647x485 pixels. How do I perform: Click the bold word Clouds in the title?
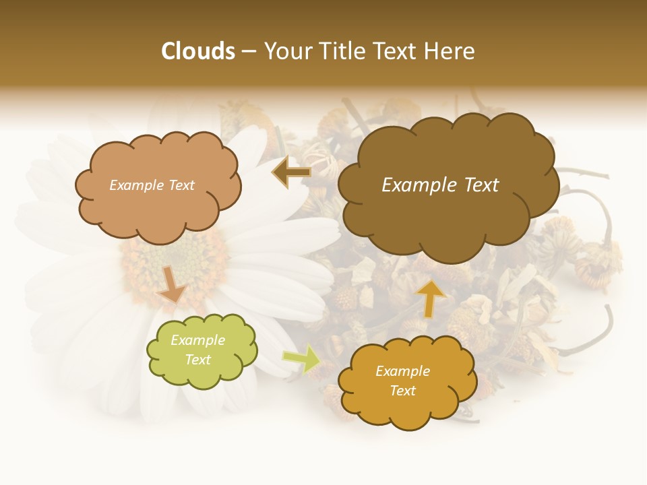198,51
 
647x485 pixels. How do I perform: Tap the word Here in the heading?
450,51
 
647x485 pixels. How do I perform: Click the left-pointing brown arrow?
292,172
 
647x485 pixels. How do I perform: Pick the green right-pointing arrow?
301,358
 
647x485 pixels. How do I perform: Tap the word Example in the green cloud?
198,340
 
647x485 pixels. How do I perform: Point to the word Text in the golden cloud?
403,391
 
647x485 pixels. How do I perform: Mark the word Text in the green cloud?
198,360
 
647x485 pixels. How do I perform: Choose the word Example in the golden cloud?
403,371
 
